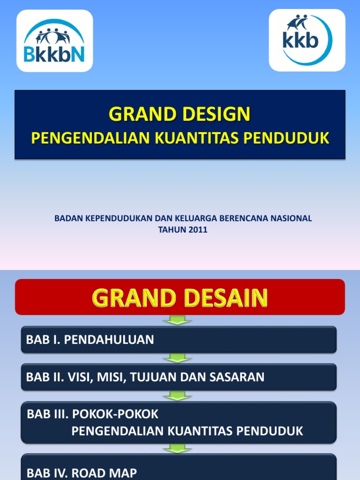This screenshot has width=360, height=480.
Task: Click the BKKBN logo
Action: click(x=54, y=41)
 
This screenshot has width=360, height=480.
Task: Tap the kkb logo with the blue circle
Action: click(x=307, y=40)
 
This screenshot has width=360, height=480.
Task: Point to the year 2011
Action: click(x=197, y=230)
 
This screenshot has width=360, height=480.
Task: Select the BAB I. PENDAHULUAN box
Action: click(x=179, y=340)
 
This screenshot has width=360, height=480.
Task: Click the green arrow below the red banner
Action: click(x=178, y=321)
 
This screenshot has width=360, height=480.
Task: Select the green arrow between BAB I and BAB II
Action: click(x=178, y=358)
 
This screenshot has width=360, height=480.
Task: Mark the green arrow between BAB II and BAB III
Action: click(x=178, y=396)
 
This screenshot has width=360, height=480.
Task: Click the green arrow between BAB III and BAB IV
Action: click(x=178, y=449)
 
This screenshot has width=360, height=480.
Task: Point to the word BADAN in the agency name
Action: click(x=67, y=218)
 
